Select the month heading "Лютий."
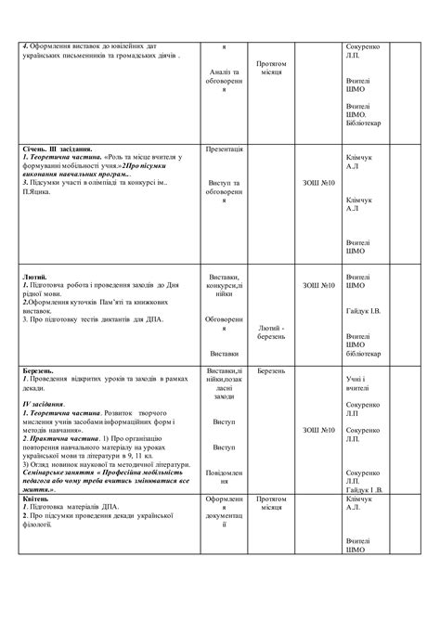33,277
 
